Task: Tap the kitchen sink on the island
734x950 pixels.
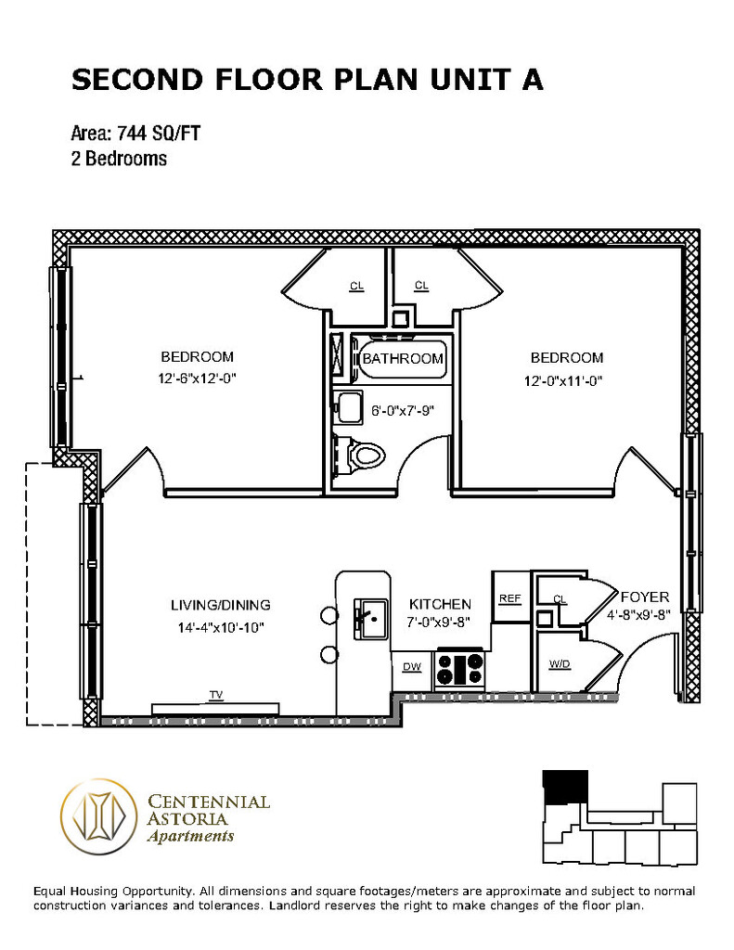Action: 370,619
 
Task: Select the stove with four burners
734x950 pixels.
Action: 460,668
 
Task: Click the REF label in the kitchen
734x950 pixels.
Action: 509,598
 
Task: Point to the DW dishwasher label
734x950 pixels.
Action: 412,667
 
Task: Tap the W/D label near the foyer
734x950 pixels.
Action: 560,664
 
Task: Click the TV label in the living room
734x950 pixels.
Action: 216,695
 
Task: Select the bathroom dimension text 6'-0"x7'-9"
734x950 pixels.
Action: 403,411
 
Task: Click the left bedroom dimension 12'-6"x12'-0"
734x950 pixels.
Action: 197,379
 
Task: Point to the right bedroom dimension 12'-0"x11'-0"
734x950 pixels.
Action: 563,380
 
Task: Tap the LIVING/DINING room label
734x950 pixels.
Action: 221,605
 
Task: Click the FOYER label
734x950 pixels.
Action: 645,597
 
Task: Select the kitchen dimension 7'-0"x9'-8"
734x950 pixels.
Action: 439,623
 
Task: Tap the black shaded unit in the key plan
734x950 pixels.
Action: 565,787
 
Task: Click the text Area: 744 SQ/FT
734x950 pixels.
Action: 135,133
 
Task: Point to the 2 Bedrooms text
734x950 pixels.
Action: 119,159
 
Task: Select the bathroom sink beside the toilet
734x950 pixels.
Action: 350,407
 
